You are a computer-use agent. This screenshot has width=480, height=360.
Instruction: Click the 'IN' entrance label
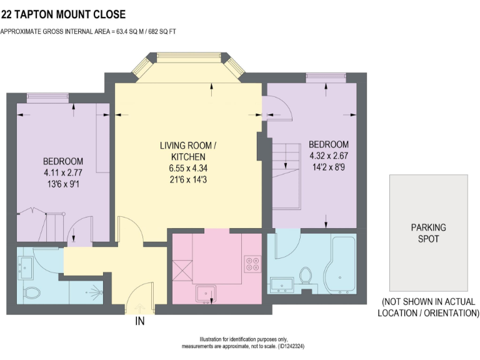141,322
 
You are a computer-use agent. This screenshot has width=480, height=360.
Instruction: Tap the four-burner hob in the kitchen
252,264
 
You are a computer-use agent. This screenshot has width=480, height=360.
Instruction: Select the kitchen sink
206,292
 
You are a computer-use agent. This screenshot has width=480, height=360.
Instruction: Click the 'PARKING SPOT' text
428,233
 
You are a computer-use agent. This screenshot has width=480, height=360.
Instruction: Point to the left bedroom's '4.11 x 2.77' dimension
62,172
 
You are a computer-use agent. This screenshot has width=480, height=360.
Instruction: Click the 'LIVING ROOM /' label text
188,146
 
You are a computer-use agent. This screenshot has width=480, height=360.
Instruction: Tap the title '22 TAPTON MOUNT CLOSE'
63,14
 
